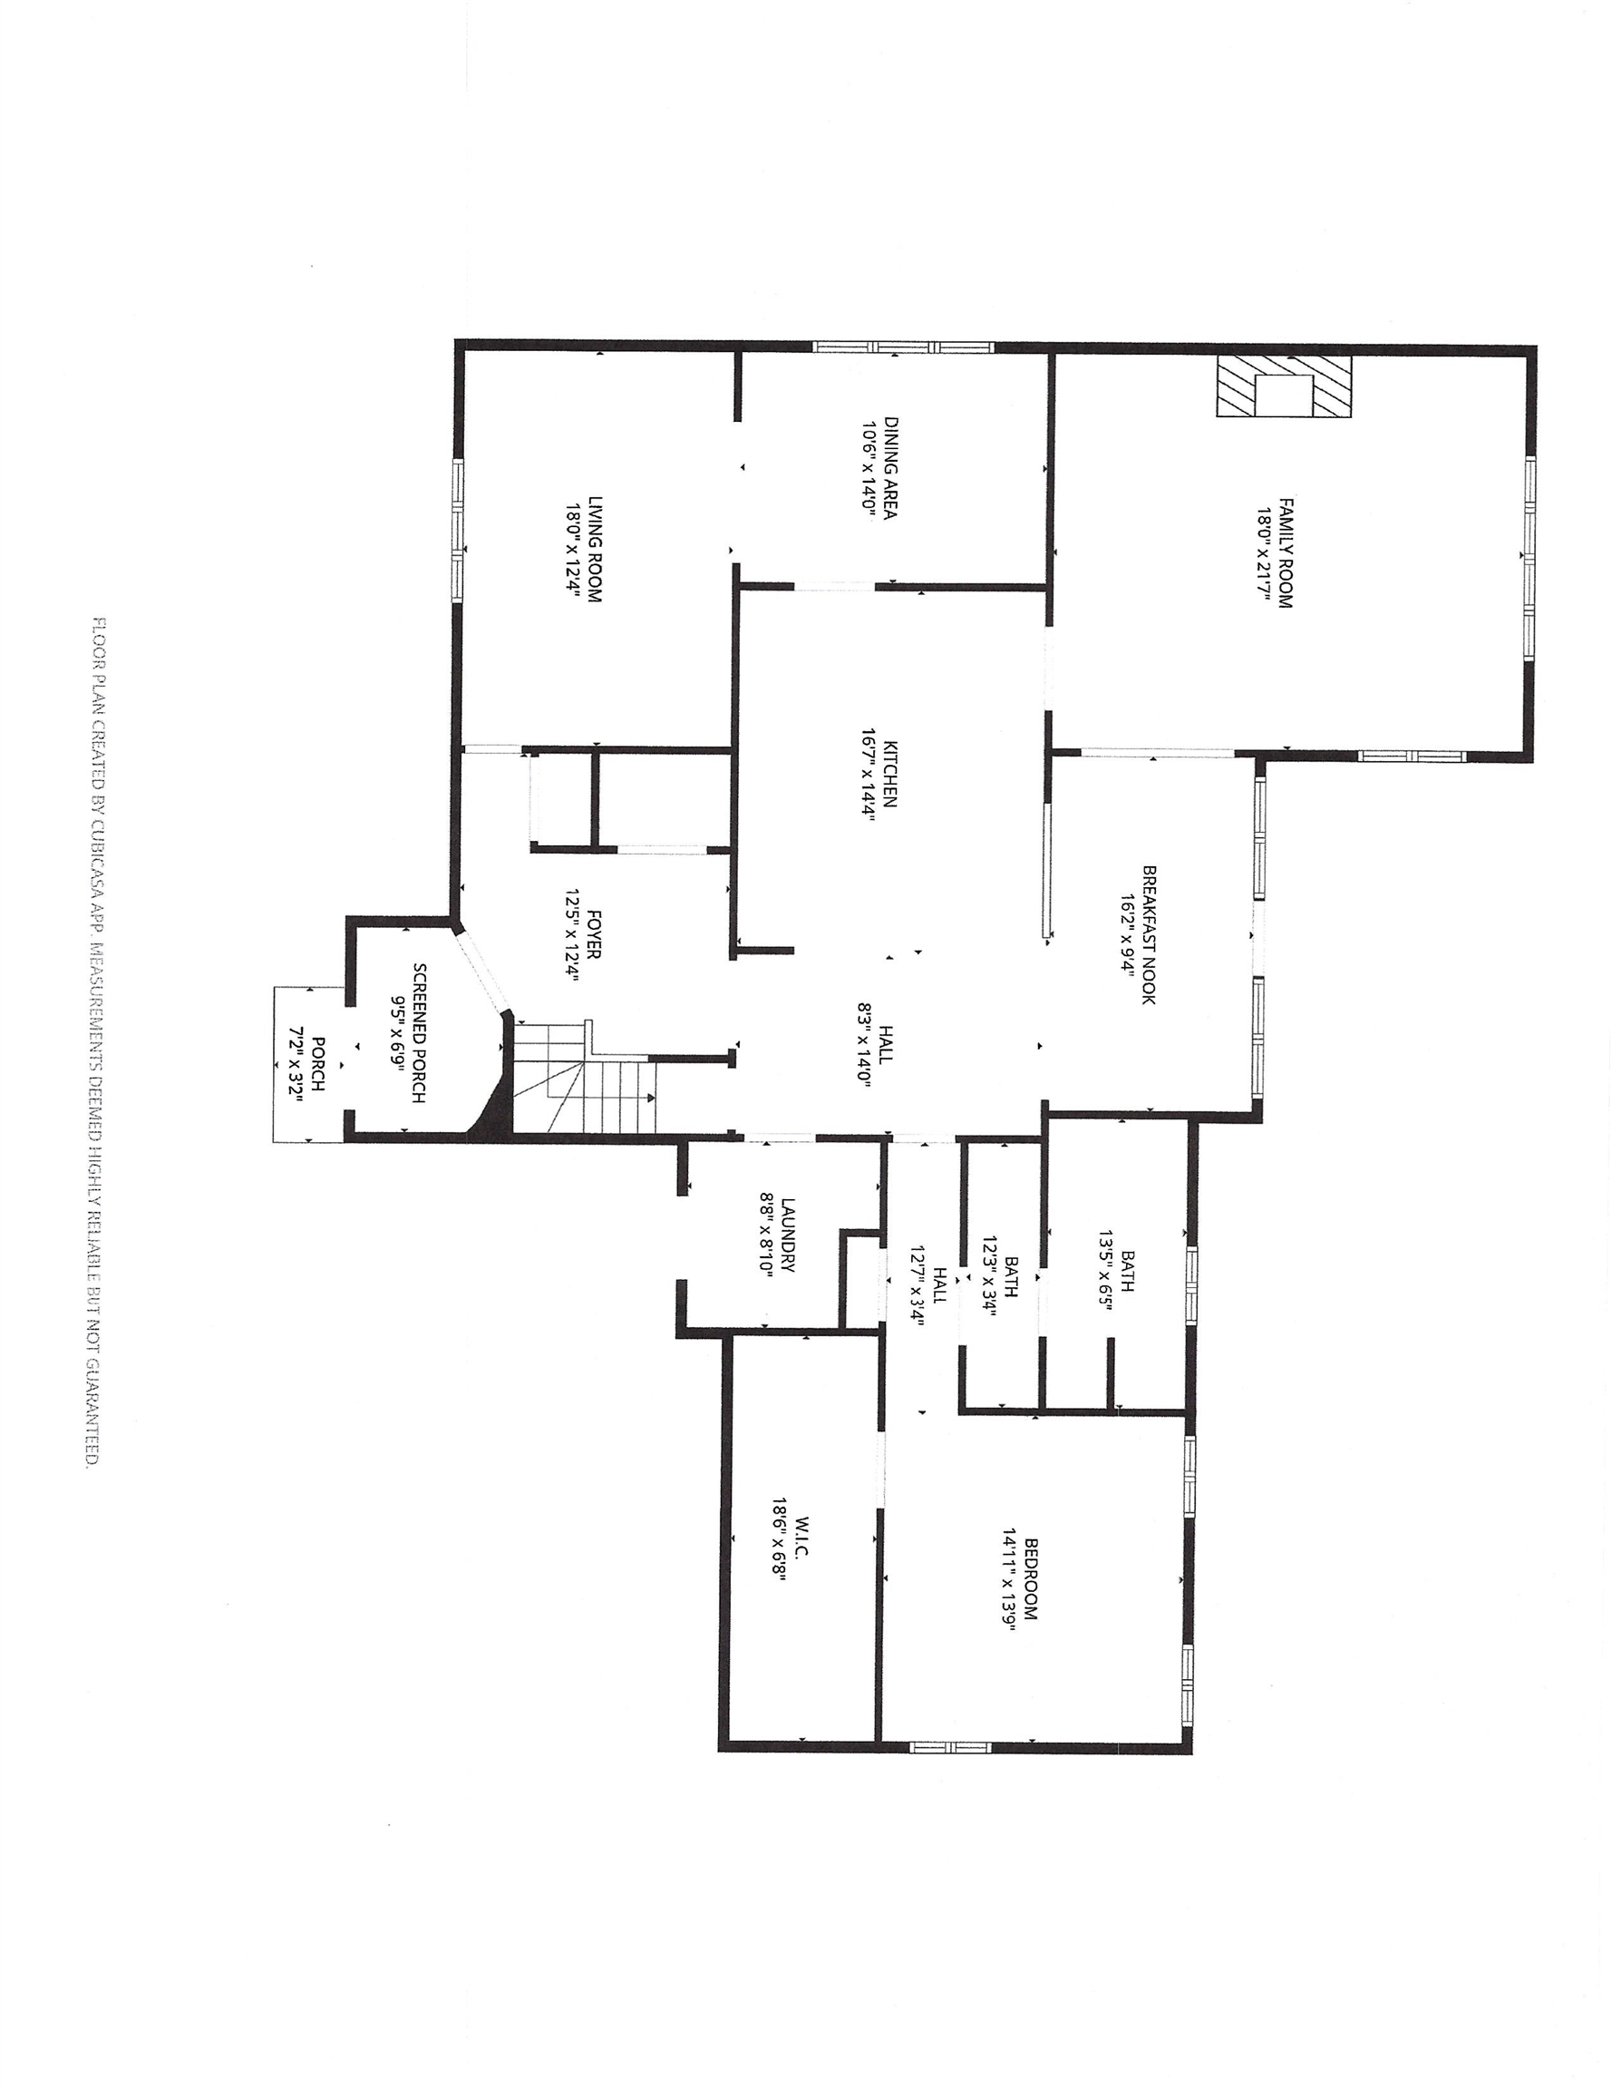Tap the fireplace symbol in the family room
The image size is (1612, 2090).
tap(1284, 386)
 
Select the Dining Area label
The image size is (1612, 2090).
tap(889, 468)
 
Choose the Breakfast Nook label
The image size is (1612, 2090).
tap(1148, 935)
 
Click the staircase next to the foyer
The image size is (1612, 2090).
tap(586, 1077)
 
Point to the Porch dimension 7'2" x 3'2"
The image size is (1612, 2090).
tap(296, 1067)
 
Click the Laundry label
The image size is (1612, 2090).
tap(787, 1235)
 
